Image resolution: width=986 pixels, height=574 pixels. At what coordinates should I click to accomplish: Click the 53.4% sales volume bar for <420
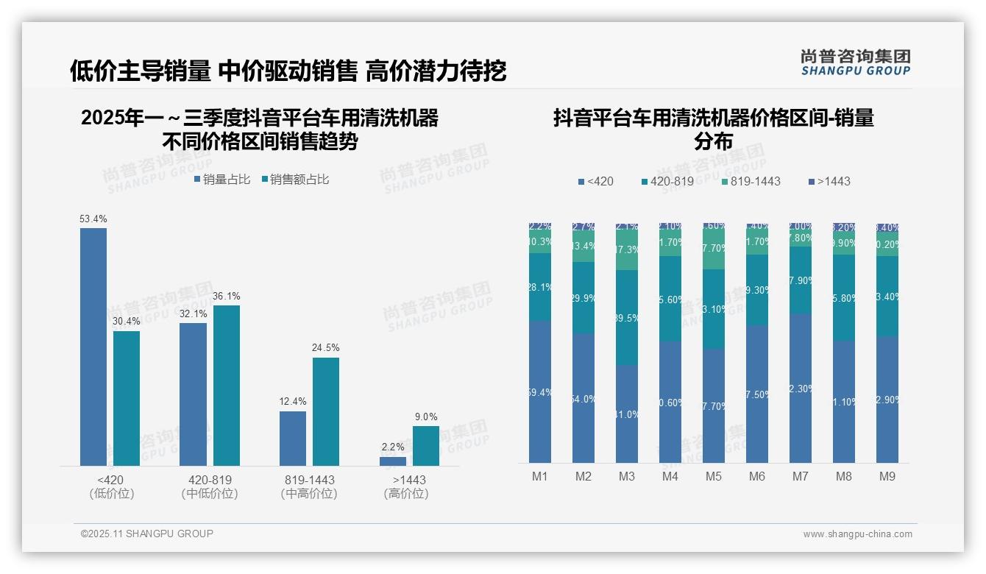click(x=93, y=347)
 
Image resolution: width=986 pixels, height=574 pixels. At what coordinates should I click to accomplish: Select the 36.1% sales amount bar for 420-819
click(x=227, y=386)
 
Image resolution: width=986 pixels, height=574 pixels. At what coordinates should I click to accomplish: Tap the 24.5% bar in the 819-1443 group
click(x=326, y=411)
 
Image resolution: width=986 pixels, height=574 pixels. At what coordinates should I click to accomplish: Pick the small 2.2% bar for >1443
click(x=393, y=461)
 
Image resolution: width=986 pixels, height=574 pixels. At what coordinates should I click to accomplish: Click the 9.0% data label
click(x=426, y=417)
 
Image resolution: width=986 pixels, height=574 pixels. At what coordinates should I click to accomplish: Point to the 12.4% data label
click(x=293, y=402)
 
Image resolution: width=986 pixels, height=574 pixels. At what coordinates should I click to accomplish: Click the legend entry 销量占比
click(x=222, y=180)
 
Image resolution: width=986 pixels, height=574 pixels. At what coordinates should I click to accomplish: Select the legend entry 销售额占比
click(x=294, y=180)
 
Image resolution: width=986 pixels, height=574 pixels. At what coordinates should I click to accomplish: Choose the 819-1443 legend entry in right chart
click(x=751, y=181)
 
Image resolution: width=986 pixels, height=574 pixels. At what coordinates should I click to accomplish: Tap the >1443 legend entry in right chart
click(x=829, y=181)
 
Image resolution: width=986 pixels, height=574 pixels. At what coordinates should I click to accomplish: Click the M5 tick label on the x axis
click(x=714, y=476)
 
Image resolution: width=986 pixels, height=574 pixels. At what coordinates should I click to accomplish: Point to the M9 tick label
click(x=887, y=476)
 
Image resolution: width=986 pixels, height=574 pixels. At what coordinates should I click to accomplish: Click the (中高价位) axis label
click(x=309, y=494)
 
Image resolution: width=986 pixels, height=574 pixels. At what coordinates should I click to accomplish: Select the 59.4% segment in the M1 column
click(x=540, y=391)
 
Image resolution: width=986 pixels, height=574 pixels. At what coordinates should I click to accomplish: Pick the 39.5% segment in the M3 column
click(x=627, y=317)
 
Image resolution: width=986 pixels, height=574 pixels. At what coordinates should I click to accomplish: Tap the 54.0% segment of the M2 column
click(x=584, y=398)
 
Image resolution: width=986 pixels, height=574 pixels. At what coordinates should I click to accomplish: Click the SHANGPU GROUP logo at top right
click(x=856, y=63)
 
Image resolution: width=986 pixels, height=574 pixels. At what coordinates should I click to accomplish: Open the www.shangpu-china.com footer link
click(x=857, y=534)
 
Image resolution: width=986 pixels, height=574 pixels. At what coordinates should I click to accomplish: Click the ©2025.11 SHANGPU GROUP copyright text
click(x=147, y=534)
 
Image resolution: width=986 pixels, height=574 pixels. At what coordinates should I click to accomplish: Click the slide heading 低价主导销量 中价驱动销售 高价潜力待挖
click(x=288, y=71)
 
